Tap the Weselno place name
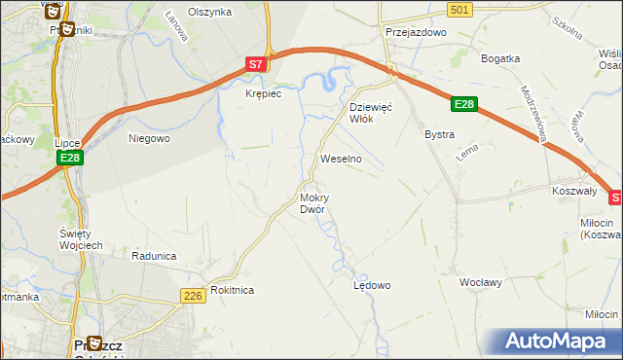click(x=342, y=158)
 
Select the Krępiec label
click(x=263, y=94)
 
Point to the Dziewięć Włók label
click(x=370, y=113)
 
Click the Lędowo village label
click(x=371, y=285)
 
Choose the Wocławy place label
click(x=481, y=282)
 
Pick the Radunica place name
click(x=154, y=256)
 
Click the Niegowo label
click(x=150, y=138)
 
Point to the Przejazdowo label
click(x=415, y=32)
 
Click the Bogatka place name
click(x=501, y=58)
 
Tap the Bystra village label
click(x=439, y=134)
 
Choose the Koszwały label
click(x=573, y=192)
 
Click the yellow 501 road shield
click(x=461, y=9)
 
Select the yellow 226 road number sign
click(x=192, y=294)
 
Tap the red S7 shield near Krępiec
click(x=255, y=64)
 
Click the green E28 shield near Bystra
click(x=464, y=104)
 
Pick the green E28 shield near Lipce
click(x=68, y=158)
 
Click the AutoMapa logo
click(x=561, y=342)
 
